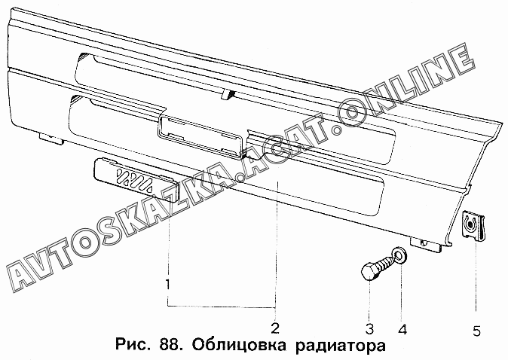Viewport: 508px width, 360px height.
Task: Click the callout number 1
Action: (x=167, y=285)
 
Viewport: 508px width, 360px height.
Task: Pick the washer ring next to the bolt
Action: (x=400, y=255)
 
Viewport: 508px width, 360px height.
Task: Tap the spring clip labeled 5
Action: (x=471, y=225)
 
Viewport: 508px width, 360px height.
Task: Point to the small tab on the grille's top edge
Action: (x=225, y=94)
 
